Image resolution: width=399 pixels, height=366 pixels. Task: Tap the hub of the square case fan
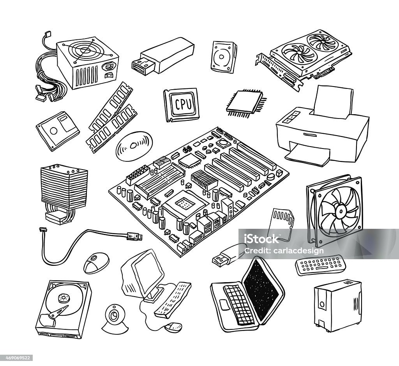(338, 211)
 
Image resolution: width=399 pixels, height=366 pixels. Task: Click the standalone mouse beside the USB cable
(95, 262)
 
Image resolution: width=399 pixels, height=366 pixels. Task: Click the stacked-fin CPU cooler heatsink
(58, 183)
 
